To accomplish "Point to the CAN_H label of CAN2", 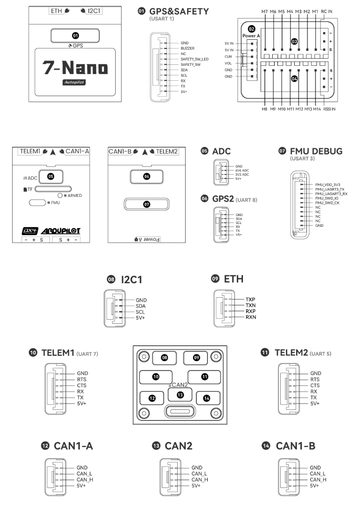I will [200, 479].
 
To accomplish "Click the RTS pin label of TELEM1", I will [83, 379].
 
